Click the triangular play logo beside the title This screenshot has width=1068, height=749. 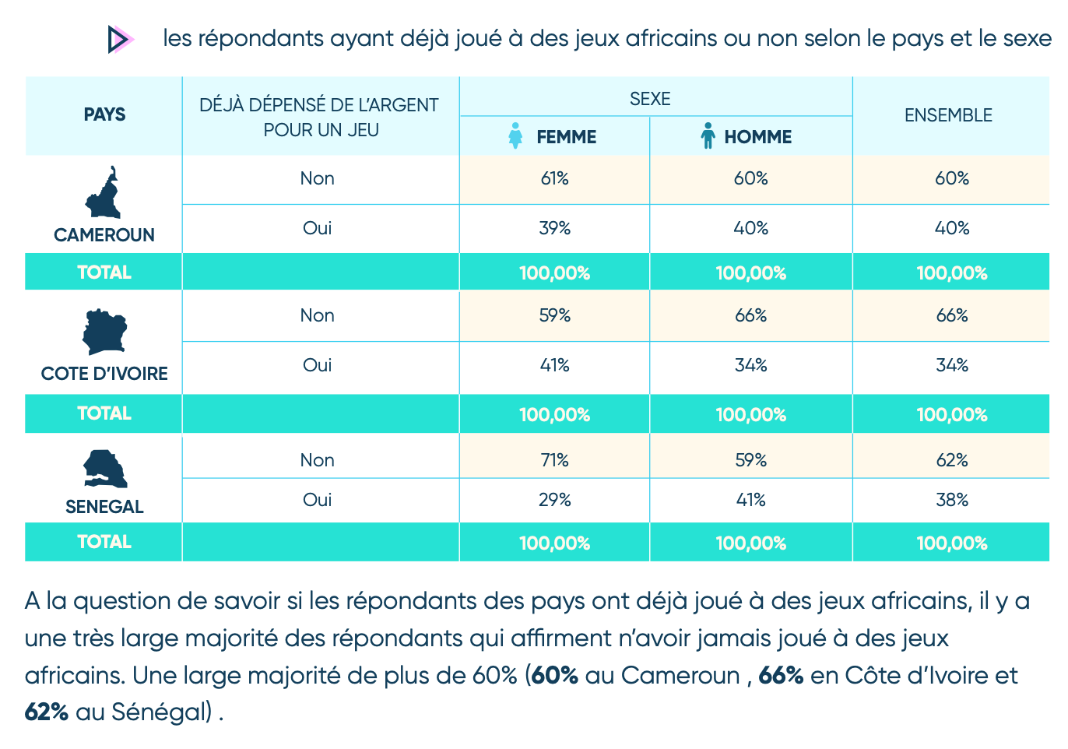121,39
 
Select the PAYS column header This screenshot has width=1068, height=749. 104,114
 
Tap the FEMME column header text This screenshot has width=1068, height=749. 567,137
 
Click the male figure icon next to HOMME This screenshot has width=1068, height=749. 708,136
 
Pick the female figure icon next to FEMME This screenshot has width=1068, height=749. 515,136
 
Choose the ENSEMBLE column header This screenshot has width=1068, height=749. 948,115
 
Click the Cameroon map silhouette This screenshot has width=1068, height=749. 104,192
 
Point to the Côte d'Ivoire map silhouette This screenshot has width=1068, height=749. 104,332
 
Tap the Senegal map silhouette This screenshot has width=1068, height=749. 105,469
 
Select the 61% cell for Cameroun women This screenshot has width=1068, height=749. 554,179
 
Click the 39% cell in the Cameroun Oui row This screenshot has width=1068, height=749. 554,228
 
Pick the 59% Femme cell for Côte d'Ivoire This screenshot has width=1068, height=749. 554,315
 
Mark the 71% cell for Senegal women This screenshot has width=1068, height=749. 554,461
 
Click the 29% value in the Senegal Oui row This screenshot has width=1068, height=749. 554,500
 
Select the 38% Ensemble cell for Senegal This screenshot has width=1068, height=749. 952,500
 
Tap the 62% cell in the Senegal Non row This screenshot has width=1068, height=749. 952,461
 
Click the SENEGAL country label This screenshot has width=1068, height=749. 104,507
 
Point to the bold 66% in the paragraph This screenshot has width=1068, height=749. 781,676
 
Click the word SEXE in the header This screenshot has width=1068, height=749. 650,99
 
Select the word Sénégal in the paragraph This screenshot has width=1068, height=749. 162,712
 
